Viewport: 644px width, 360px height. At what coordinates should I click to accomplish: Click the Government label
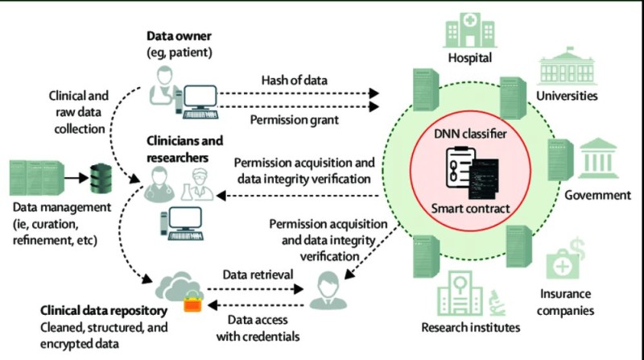tap(597, 196)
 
